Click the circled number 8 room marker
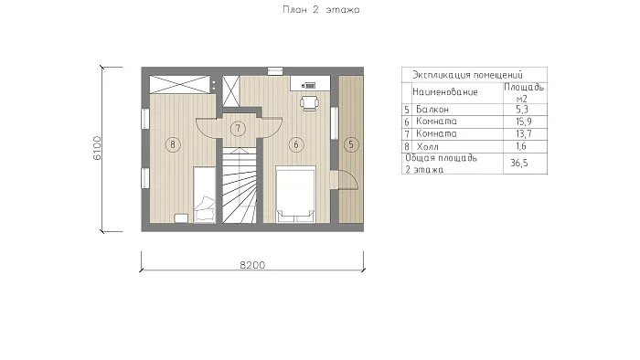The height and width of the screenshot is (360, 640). click(173, 144)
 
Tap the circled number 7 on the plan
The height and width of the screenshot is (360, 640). click(238, 129)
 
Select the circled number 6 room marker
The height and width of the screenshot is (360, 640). click(296, 144)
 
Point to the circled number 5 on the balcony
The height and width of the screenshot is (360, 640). click(351, 144)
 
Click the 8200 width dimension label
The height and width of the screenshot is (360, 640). click(252, 265)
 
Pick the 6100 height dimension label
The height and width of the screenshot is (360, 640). click(97, 148)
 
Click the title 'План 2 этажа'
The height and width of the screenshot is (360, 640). click(321, 10)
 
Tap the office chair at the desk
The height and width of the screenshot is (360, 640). click(309, 102)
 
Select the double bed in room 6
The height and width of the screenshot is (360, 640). click(295, 194)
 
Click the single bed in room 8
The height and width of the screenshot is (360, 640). click(205, 195)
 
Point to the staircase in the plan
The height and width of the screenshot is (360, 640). click(240, 185)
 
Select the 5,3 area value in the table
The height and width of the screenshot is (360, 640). click(522, 110)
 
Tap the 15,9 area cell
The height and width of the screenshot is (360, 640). click(524, 122)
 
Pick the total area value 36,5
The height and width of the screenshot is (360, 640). click(519, 163)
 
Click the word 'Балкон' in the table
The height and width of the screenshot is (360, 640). click(432, 110)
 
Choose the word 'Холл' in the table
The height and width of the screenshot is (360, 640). click(427, 146)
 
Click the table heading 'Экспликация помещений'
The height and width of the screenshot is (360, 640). click(467, 75)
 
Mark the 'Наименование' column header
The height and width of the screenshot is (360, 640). click(445, 91)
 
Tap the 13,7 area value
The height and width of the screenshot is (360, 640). click(524, 133)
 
